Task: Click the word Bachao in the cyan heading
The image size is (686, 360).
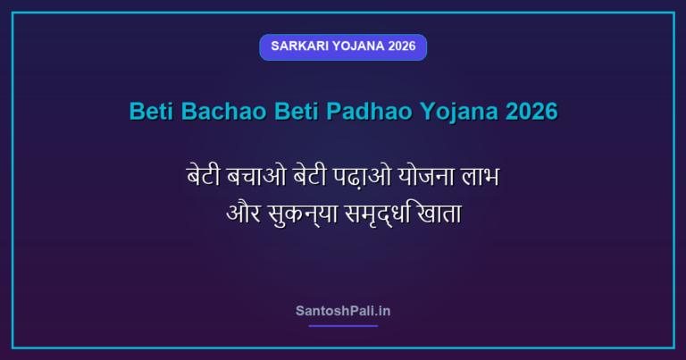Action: tap(223, 111)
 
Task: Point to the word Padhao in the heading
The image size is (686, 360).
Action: tap(369, 111)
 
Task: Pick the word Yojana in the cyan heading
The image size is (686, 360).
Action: tap(459, 112)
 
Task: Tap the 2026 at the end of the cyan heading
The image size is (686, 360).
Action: tap(531, 111)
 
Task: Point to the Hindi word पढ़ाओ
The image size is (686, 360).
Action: tap(363, 176)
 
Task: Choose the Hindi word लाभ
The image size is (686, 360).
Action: tap(480, 177)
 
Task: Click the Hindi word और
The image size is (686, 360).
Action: tap(243, 213)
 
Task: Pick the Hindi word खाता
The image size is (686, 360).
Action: tap(439, 213)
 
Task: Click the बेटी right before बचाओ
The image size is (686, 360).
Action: tap(204, 176)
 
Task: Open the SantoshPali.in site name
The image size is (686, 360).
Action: tap(343, 311)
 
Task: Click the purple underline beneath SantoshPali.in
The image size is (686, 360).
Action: tap(343, 326)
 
